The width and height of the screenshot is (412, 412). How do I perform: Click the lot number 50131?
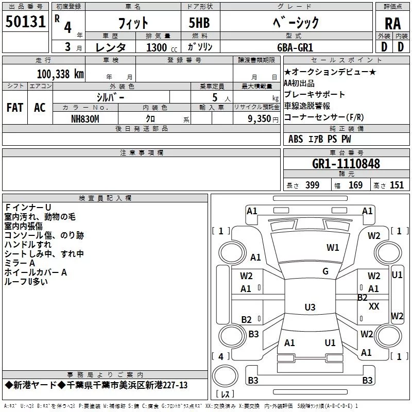26,22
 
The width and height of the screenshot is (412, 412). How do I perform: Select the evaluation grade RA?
392,23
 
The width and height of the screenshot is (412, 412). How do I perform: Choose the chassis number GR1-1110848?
346,164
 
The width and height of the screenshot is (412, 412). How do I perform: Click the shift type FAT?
14,108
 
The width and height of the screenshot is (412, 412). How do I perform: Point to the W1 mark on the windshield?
333,248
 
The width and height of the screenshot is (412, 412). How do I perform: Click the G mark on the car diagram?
325,271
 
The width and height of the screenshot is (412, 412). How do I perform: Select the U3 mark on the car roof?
310,307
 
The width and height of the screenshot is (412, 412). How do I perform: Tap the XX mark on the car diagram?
374,306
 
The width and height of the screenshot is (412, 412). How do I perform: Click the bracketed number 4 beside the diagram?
221,356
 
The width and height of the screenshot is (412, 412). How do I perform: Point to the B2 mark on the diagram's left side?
246,320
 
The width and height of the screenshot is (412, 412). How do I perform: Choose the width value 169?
355,185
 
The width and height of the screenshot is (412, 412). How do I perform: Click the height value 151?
397,185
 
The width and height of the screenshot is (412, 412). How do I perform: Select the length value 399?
312,185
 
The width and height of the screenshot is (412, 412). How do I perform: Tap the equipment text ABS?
296,139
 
